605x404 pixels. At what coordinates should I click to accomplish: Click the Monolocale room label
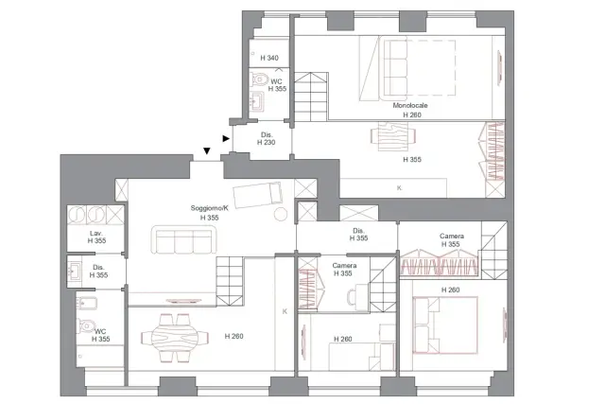410,105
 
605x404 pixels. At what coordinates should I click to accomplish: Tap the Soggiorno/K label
210,208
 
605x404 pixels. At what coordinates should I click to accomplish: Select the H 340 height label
269,58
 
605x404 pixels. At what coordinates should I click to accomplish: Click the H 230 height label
267,142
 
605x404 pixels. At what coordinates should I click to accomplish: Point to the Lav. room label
96,234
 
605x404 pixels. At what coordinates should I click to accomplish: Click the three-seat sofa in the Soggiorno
183,239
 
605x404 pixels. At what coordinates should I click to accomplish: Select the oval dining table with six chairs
174,338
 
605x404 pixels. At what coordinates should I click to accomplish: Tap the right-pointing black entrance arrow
226,138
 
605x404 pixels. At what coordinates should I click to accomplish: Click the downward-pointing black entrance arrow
207,150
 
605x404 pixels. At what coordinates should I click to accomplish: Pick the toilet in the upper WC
260,79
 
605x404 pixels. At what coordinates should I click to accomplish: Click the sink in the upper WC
256,101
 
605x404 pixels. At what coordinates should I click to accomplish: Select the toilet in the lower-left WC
86,325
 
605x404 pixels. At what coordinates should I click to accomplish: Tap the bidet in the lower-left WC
87,304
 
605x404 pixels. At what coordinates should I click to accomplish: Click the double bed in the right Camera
445,325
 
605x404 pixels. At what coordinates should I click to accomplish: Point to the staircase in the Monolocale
311,97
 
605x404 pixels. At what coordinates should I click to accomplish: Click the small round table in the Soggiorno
281,214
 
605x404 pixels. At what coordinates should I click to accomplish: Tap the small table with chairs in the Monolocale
393,136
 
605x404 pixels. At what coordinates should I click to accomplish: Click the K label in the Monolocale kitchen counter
399,188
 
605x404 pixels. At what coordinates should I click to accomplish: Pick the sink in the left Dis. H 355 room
75,271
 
